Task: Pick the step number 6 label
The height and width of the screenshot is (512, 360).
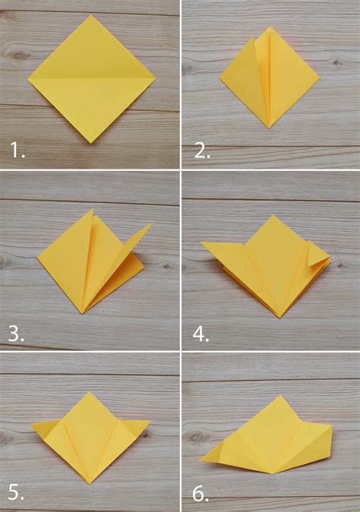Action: coord(201,494)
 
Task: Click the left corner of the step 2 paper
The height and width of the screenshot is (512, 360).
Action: coord(220,77)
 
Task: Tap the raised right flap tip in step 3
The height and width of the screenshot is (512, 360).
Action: coord(151,224)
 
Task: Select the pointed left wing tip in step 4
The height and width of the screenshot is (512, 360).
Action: coord(201,243)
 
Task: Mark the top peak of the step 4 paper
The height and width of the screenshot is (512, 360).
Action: coord(270,216)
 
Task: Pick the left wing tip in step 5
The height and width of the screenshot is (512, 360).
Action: coord(32,424)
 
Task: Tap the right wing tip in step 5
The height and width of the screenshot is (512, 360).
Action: coord(150,421)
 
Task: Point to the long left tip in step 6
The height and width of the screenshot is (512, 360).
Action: coord(201,460)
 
